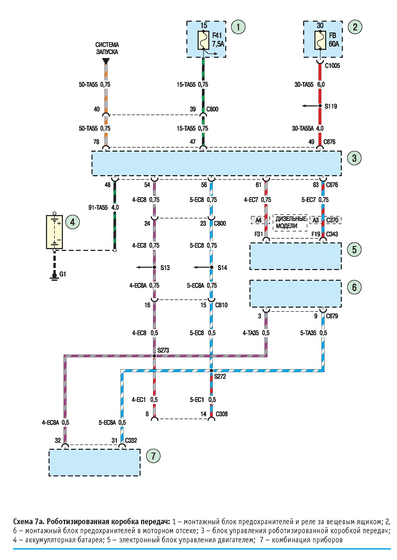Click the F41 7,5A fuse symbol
pyautogui.click(x=203, y=40)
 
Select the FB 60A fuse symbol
pyautogui.click(x=320, y=40)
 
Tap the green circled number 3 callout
pyautogui.click(x=354, y=158)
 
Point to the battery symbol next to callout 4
pyautogui.click(x=54, y=232)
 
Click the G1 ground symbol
pyautogui.click(x=54, y=276)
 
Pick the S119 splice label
pyautogui.click(x=331, y=107)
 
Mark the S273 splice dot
pyautogui.click(x=154, y=356)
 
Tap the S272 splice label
pyautogui.click(x=220, y=376)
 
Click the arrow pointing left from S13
pyautogui.click(x=145, y=267)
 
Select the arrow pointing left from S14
pyautogui.click(x=202, y=267)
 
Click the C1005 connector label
pyautogui.click(x=332, y=66)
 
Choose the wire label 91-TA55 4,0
pyautogui.click(x=104, y=208)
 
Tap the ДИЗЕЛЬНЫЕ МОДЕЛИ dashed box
pyautogui.click(x=290, y=222)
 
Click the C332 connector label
pyautogui.click(x=131, y=440)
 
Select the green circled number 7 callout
pyautogui.click(x=153, y=456)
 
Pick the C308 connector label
pyautogui.click(x=222, y=414)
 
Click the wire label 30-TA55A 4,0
pyautogui.click(x=308, y=129)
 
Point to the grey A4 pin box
pyautogui.click(x=258, y=220)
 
